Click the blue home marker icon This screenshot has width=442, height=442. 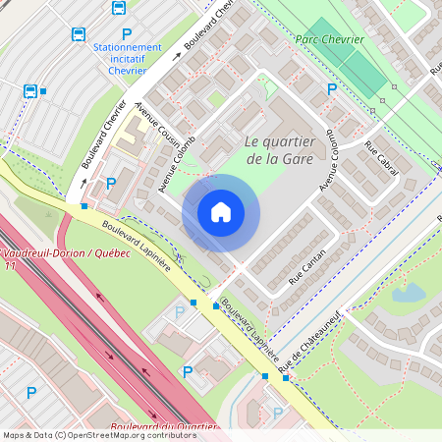221,211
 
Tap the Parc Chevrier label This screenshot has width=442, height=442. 330,39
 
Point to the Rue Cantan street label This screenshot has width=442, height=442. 307,266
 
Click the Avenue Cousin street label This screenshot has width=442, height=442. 151,123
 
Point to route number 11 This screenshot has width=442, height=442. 10,265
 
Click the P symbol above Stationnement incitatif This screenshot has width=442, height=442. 127,33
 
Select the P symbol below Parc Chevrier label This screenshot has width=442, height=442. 332,89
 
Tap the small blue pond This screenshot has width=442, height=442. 407,293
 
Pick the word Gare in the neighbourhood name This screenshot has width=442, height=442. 296,158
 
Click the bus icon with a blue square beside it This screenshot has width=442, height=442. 30,91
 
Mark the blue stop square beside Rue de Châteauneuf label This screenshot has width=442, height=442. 264,376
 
